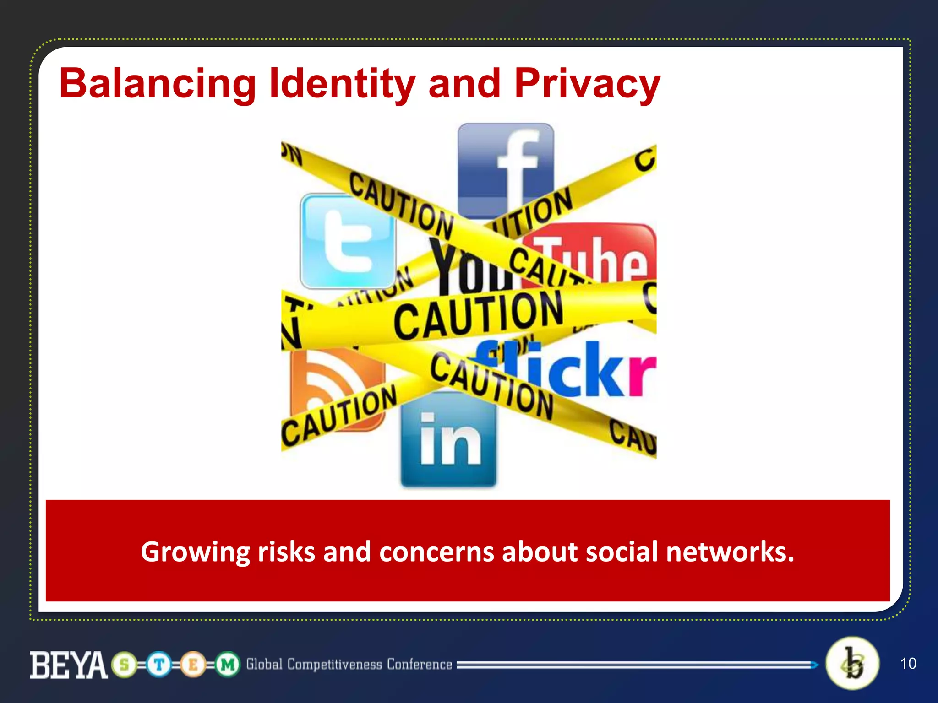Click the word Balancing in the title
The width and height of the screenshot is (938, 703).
coord(157,84)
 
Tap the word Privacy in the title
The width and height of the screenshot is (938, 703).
coord(587,84)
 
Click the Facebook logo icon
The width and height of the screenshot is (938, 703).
coord(506,165)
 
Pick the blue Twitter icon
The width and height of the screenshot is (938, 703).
coord(347,240)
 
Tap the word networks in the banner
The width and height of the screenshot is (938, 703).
coord(730,552)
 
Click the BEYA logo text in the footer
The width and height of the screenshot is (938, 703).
coord(69,665)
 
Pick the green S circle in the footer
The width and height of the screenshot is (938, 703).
coord(124,665)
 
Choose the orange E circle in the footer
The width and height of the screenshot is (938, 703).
coord(193,665)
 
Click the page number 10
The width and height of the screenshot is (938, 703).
coord(908,664)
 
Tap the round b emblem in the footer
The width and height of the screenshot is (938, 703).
coord(852,663)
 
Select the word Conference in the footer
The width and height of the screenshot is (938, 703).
coord(419,665)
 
